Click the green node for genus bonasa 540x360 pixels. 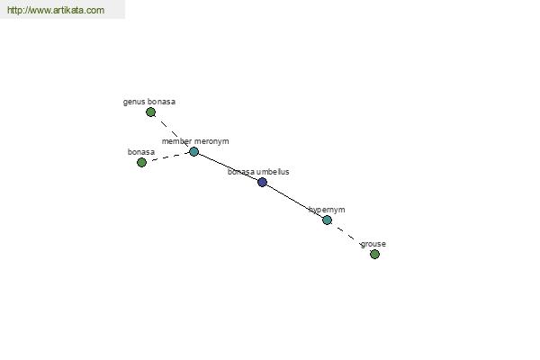(150, 112)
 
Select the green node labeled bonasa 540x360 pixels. (141, 162)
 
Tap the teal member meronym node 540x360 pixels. (193, 151)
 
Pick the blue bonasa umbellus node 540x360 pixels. (262, 182)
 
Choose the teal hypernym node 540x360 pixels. (328, 220)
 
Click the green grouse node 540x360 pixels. (374, 254)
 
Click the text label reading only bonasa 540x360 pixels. (141, 152)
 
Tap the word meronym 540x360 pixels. (211, 141)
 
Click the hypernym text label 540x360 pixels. (327, 210)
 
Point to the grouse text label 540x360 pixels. (373, 244)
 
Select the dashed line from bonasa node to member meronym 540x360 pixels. (167, 157)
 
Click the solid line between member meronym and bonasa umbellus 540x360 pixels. (228, 166)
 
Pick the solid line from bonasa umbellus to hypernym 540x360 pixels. (294, 201)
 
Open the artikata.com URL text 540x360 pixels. (56, 10)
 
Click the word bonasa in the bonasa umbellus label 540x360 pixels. (241, 172)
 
